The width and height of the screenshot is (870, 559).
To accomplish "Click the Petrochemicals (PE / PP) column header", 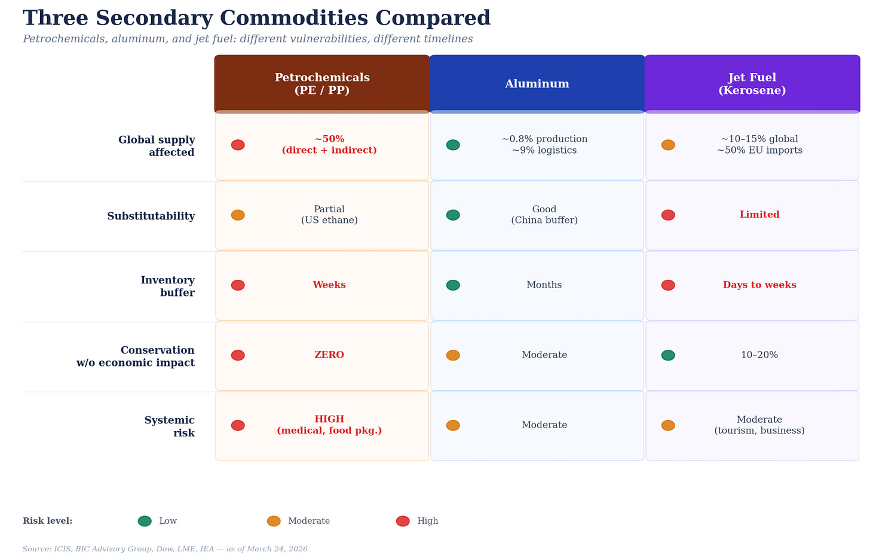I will pyautogui.click(x=322, y=84).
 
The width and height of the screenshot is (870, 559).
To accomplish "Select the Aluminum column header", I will pyautogui.click(x=537, y=84).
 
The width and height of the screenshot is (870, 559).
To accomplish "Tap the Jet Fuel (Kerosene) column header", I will pyautogui.click(x=752, y=84).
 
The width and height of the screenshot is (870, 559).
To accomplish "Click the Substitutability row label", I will pyautogui.click(x=151, y=216).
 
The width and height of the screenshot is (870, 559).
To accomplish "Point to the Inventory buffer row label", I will pyautogui.click(x=167, y=286).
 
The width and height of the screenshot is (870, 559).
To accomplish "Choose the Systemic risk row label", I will pyautogui.click(x=170, y=427).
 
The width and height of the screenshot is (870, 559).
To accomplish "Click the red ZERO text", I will pyautogui.click(x=329, y=355).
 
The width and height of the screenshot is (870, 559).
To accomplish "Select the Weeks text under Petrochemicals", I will pyautogui.click(x=329, y=285).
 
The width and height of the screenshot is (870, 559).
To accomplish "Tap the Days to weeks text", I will pyautogui.click(x=759, y=285).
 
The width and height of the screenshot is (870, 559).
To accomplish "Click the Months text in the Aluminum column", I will pyautogui.click(x=544, y=285).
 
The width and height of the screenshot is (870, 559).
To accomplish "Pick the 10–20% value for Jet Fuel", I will pyautogui.click(x=759, y=355).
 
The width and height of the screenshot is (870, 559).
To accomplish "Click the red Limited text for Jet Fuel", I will pyautogui.click(x=759, y=215).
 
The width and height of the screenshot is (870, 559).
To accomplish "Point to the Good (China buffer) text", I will pyautogui.click(x=544, y=215).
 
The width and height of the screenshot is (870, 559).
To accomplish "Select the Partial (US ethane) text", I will pyautogui.click(x=329, y=215).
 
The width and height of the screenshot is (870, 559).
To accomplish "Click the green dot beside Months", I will pyautogui.click(x=453, y=285).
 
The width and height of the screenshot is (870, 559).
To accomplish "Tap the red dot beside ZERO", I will pyautogui.click(x=238, y=355).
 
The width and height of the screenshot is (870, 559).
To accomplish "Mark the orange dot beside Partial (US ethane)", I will pyautogui.click(x=238, y=215).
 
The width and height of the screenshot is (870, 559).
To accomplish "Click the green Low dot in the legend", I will pyautogui.click(x=145, y=521).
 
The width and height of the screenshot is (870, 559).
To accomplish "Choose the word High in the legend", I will pyautogui.click(x=428, y=521).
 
